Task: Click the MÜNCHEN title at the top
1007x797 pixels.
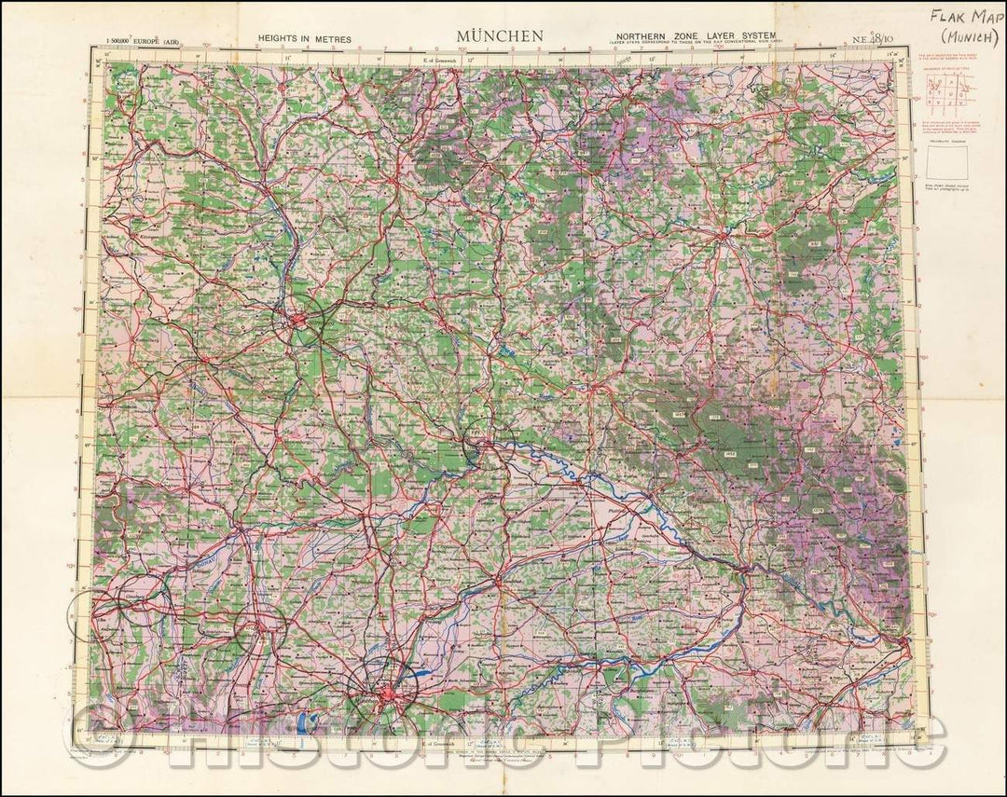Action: (500, 36)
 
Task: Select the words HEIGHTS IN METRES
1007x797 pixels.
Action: (305, 40)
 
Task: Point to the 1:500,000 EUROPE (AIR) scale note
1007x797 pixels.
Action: (147, 41)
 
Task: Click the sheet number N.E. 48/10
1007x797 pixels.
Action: (873, 40)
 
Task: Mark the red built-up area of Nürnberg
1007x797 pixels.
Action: (300, 322)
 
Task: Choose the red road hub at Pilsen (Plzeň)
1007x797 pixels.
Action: (723, 237)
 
